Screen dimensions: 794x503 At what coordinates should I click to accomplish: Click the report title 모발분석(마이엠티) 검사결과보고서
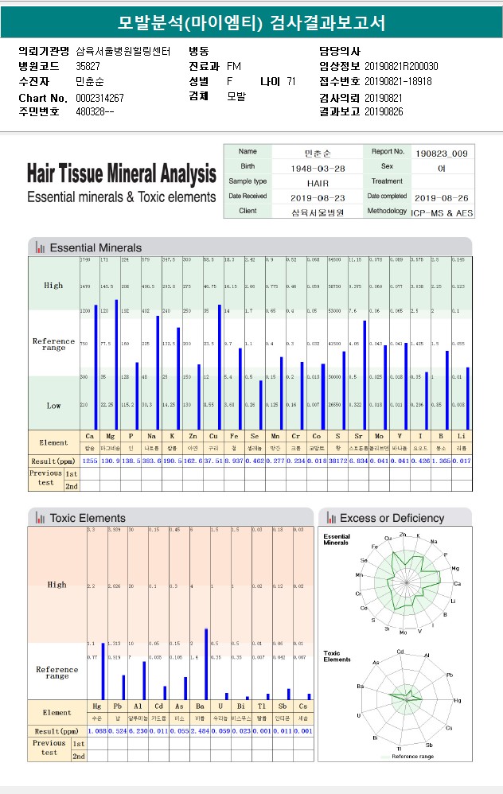click(251, 23)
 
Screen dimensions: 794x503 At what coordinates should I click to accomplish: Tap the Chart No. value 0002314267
click(99, 97)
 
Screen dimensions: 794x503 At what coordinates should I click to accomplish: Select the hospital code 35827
click(88, 66)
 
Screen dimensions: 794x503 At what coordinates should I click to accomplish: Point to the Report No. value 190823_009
click(442, 152)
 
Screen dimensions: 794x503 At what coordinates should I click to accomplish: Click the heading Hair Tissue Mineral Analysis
click(121, 173)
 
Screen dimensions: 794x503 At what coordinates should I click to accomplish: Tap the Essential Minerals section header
click(95, 247)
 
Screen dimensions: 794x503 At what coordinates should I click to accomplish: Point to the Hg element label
click(97, 706)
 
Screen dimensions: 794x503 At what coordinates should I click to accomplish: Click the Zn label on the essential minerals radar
click(404, 535)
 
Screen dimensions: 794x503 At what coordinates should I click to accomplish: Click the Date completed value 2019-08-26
click(442, 197)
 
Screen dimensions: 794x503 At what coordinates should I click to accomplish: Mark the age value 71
click(291, 81)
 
